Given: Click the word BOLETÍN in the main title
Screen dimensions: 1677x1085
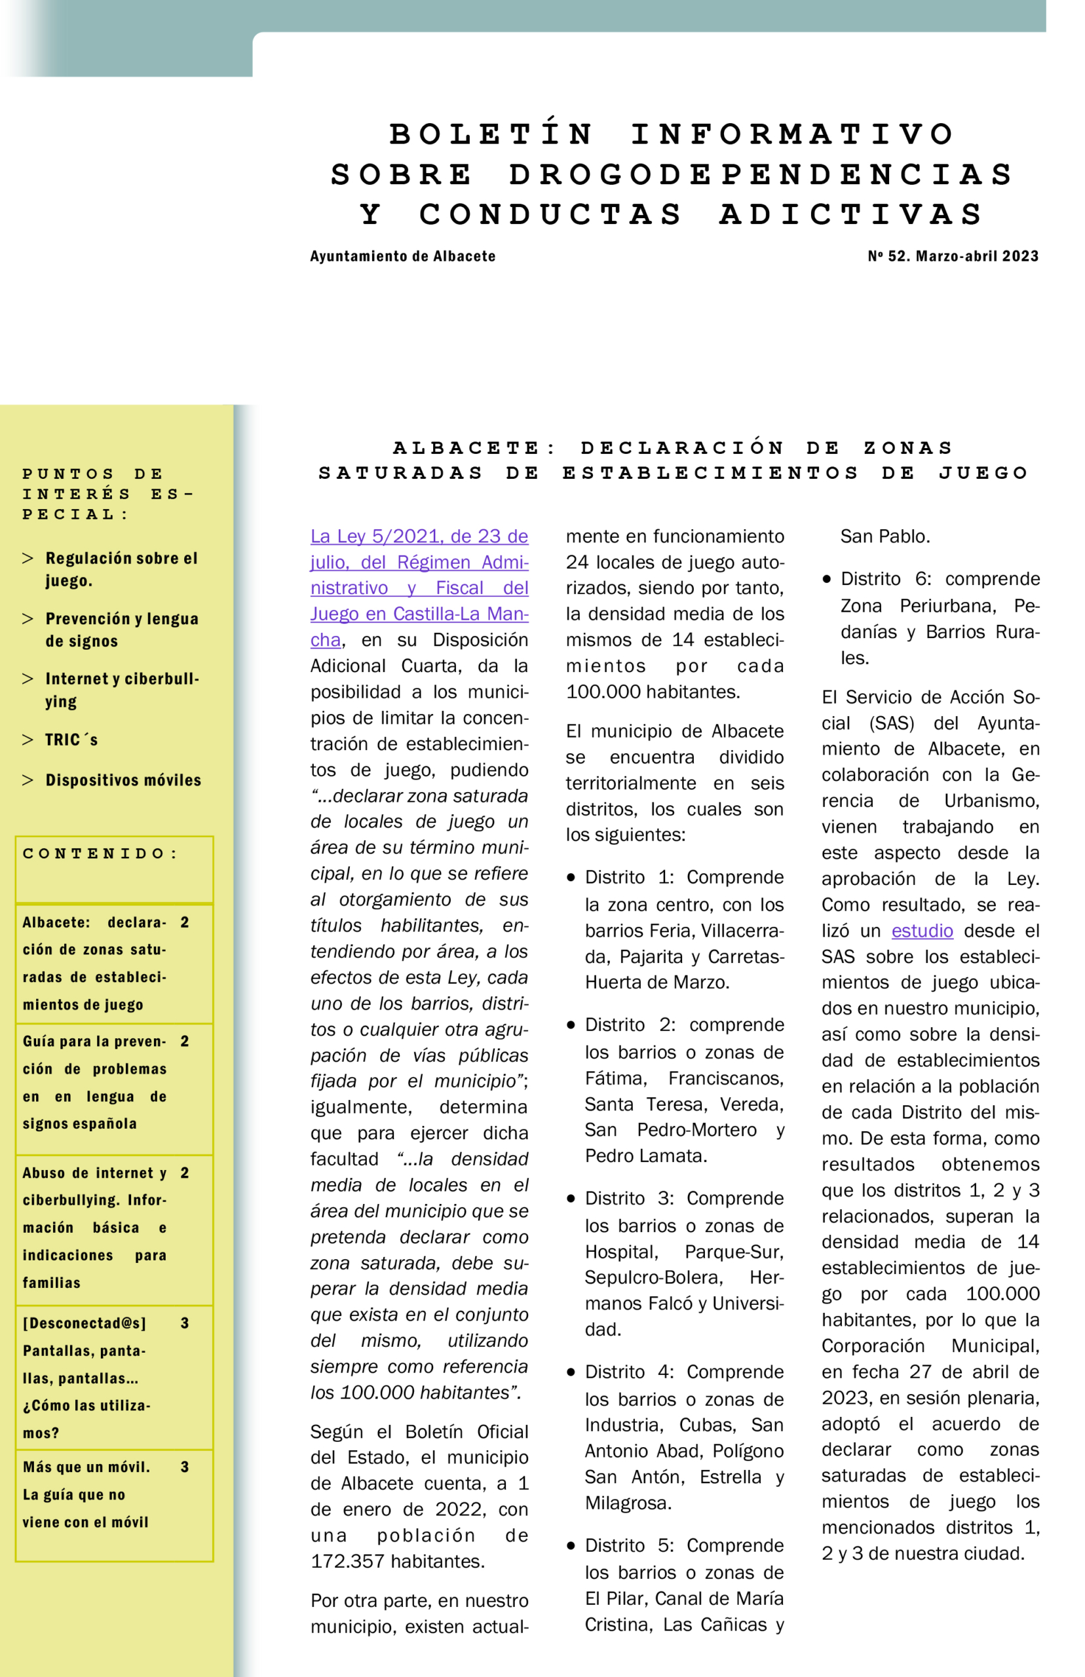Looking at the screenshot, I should pyautogui.click(x=491, y=134).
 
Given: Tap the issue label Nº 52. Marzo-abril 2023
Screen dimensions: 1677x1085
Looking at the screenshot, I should pyautogui.click(x=953, y=256).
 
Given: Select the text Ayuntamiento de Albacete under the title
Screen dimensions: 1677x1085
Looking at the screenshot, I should pyautogui.click(x=402, y=256).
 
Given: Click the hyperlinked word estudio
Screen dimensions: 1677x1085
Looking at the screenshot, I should pyautogui.click(x=922, y=931).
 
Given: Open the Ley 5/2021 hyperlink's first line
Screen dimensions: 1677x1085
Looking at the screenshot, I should pyautogui.click(x=419, y=537).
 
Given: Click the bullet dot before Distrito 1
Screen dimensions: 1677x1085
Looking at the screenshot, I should pyautogui.click(x=571, y=878).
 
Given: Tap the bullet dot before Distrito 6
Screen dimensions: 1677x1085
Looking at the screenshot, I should pyautogui.click(x=826, y=579).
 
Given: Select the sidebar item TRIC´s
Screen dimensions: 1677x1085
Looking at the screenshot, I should pyautogui.click(x=71, y=740).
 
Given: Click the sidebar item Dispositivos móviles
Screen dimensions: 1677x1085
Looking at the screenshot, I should pyautogui.click(x=123, y=780).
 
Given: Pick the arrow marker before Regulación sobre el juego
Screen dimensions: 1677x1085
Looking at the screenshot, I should pyautogui.click(x=28, y=559).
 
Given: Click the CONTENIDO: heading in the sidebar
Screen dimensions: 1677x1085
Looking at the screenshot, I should pyautogui.click(x=100, y=854).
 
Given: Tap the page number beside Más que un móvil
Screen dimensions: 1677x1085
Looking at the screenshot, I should pyautogui.click(x=185, y=1467).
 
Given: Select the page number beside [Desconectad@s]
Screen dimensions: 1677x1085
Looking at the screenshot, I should pyautogui.click(x=185, y=1323).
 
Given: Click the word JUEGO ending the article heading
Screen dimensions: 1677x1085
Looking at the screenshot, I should pyautogui.click(x=983, y=472).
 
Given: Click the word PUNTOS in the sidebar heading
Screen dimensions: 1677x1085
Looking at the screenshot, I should pyautogui.click(x=68, y=474).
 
